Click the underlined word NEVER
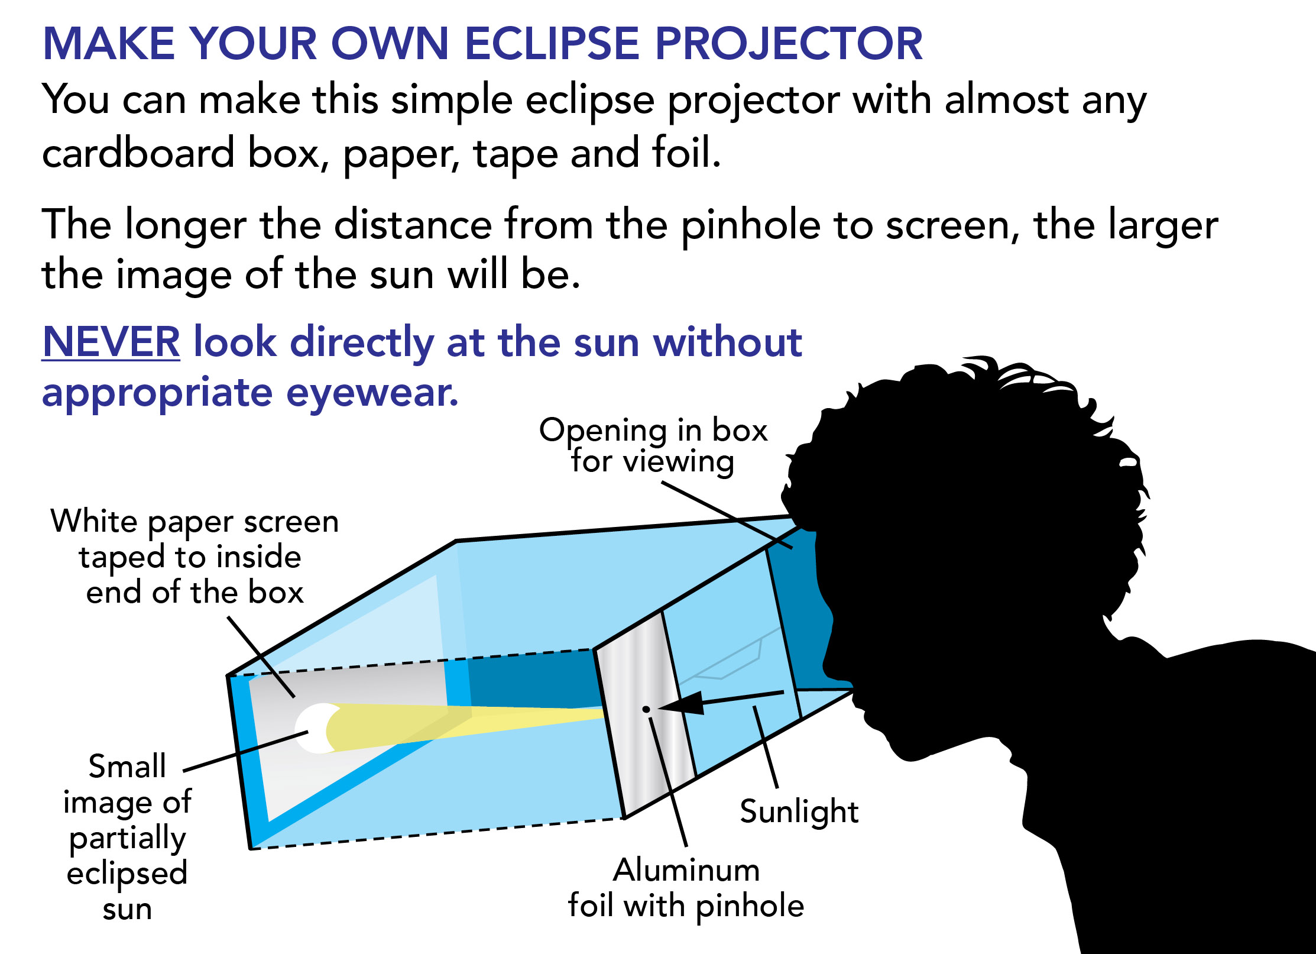click(x=111, y=342)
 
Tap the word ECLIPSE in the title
click(x=552, y=44)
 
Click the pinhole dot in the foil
click(x=646, y=709)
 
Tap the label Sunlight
click(x=799, y=811)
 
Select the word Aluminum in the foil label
click(x=686, y=870)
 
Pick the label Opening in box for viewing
click(x=653, y=445)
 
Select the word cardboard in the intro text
click(x=138, y=153)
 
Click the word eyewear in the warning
click(x=372, y=393)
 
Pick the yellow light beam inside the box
click(x=461, y=726)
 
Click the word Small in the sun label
click(x=127, y=767)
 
